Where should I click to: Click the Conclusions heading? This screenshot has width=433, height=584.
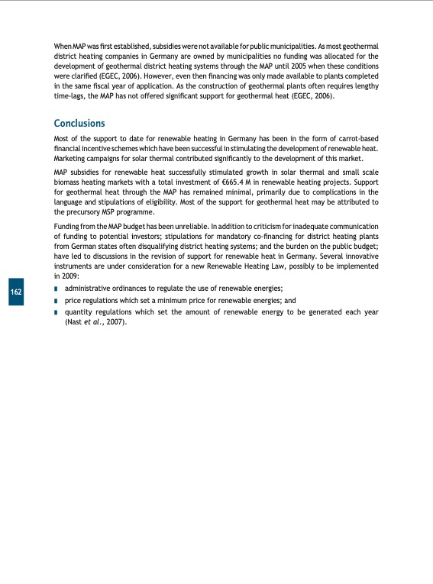pos(79,123)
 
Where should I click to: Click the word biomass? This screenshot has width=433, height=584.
pos(69,182)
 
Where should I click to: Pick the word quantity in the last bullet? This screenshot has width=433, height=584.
pos(81,312)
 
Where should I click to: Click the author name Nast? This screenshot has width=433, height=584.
pos(77,322)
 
